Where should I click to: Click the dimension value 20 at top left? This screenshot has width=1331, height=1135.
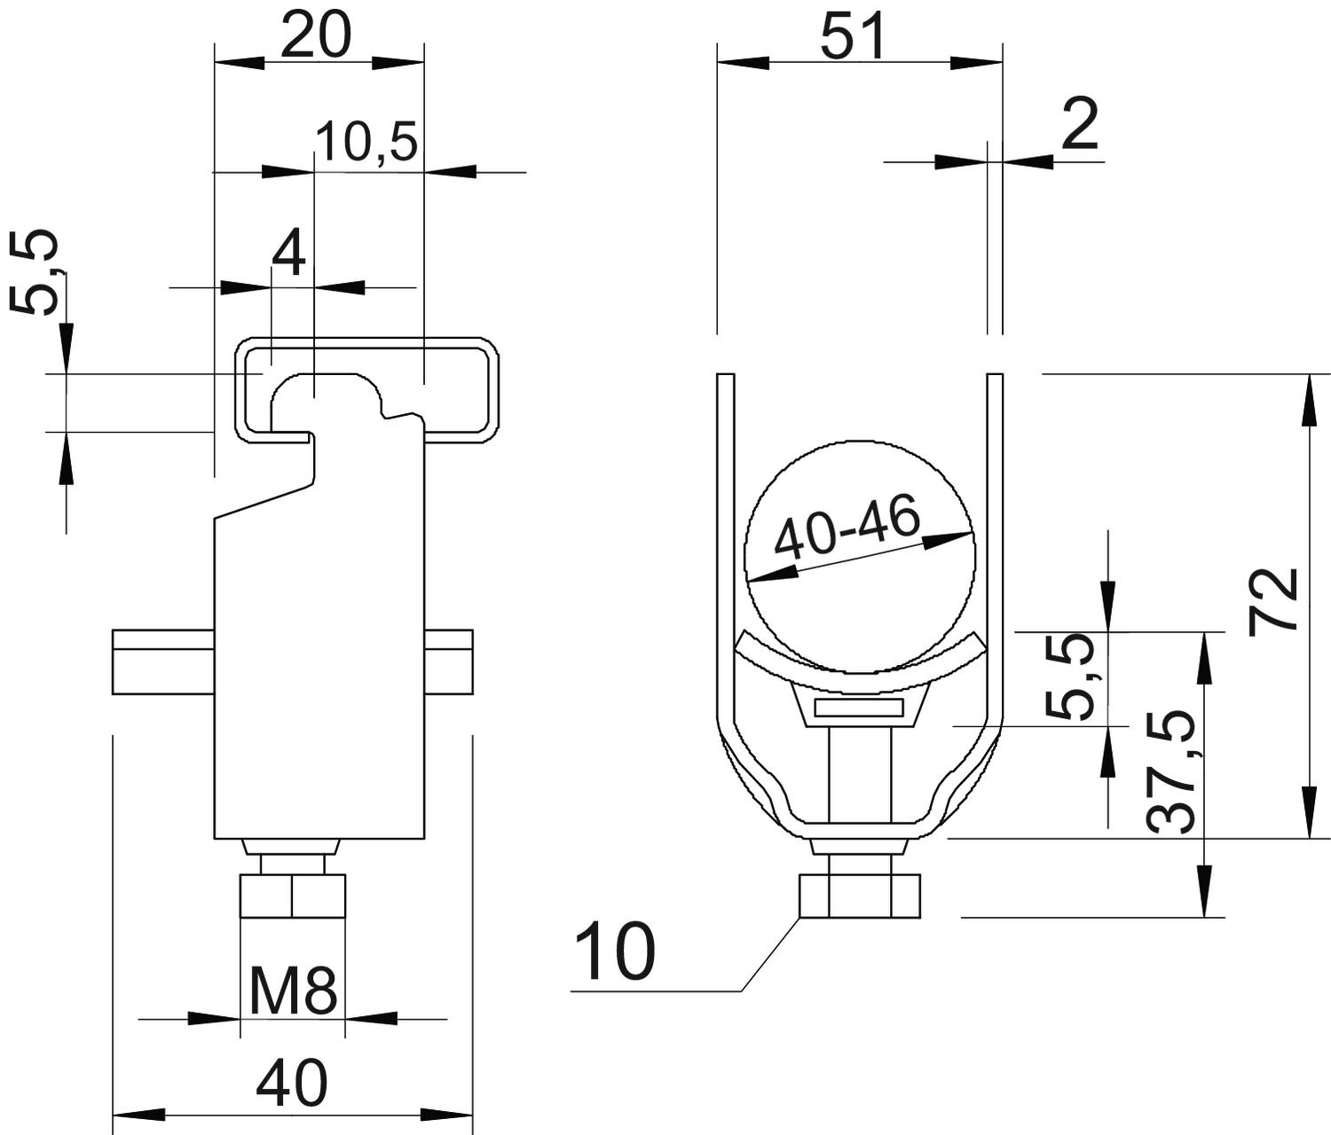(316, 35)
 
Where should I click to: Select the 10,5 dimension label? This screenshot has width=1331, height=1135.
(367, 142)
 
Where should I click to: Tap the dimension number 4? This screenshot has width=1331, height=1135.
(288, 254)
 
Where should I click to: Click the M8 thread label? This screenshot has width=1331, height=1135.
(293, 990)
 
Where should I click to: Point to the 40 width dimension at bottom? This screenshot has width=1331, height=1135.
(292, 1084)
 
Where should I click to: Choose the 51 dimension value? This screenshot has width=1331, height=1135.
(853, 35)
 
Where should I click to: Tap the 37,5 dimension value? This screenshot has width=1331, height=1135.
(1170, 772)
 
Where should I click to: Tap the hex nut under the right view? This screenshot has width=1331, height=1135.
(860, 895)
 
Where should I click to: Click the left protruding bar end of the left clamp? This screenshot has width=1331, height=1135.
(163, 662)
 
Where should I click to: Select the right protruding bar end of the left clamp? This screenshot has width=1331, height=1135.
(449, 662)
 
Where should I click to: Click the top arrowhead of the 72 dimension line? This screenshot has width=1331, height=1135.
(1309, 399)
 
